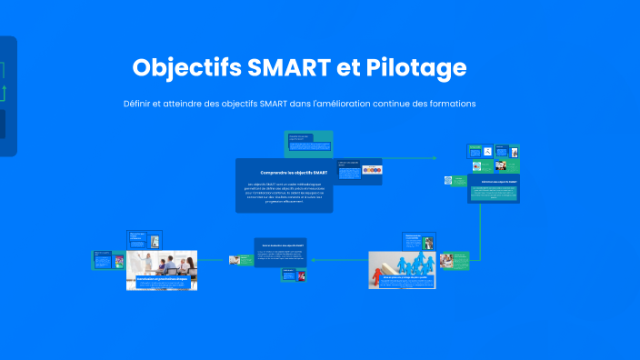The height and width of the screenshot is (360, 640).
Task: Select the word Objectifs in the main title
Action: [179, 68]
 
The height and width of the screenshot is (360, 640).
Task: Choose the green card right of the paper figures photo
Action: [454, 262]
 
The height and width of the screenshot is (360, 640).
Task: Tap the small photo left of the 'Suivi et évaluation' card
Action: [235, 260]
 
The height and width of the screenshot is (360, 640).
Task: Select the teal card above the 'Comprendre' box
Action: [307, 144]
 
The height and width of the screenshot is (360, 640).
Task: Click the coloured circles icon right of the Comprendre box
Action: [372, 170]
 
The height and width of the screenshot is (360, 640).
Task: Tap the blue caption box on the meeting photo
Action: [162, 283]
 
